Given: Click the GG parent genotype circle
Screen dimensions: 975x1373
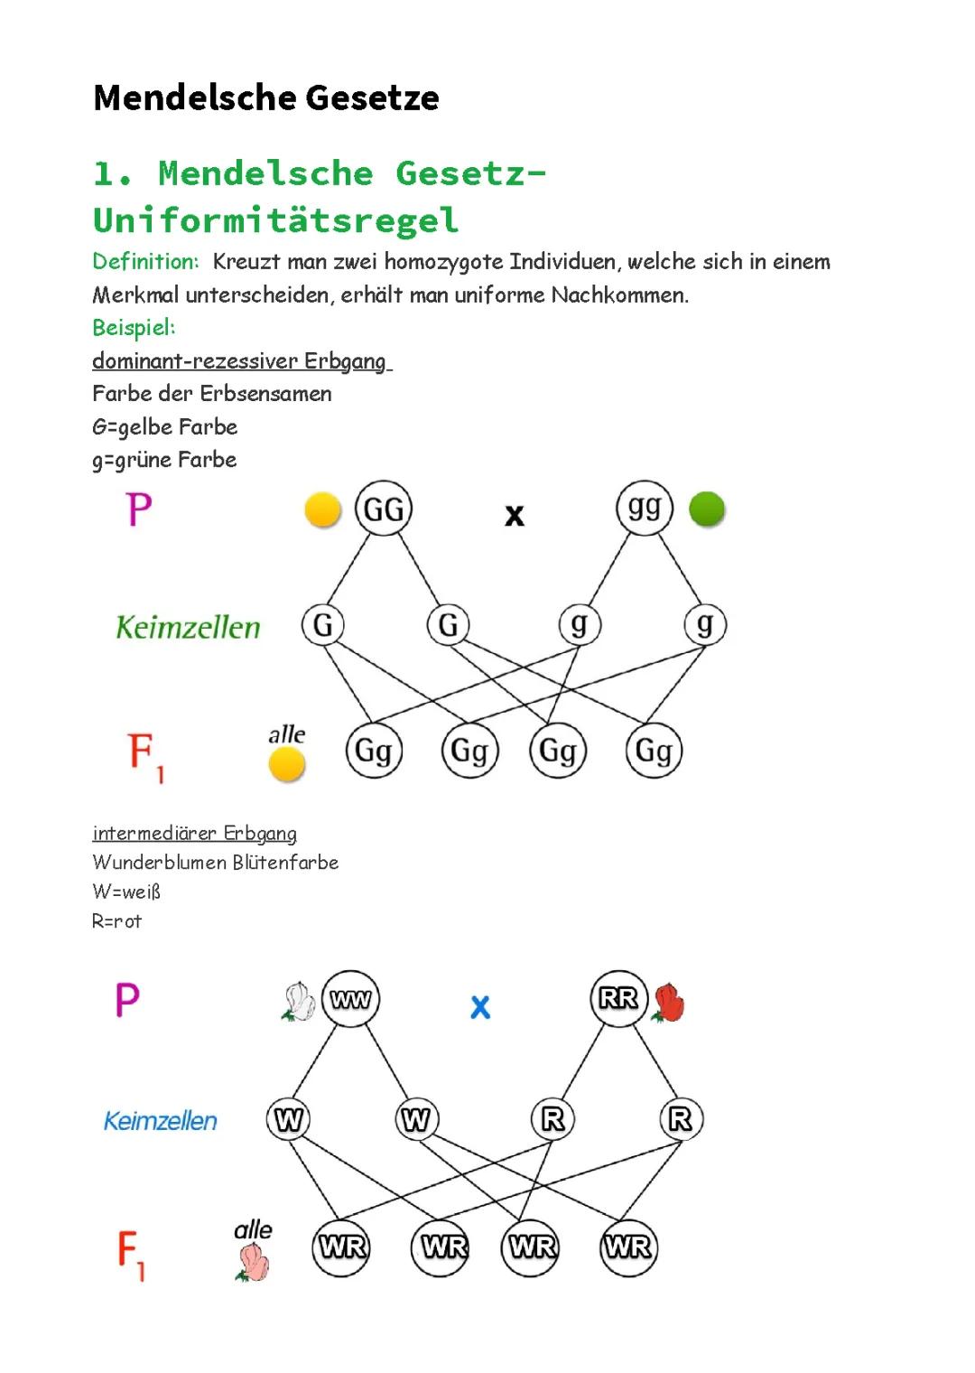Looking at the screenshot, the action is pos(384,509).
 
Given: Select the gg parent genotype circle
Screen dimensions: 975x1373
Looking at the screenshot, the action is pos(645,509).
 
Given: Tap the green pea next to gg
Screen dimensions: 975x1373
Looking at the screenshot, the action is pos(707,509).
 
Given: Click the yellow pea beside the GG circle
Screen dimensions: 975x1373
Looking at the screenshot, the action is pos(323,509).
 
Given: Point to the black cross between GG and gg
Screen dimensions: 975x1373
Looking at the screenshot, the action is pos(515,516).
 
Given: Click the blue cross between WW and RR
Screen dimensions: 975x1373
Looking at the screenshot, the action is pos(480,1006).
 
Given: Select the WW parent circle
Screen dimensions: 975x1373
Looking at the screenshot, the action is pos(350,999).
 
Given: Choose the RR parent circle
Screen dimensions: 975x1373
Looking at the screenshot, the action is pos(618,998).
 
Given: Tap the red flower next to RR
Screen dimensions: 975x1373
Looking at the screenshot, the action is pos(668,1003).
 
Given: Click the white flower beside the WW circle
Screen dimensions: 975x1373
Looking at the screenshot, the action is pos(299,1002).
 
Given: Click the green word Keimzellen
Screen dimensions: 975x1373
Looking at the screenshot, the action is pos(188,627).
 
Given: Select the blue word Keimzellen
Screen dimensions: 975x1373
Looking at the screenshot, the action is pos(161,1121).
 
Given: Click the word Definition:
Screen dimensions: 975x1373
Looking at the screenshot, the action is pos(145,262).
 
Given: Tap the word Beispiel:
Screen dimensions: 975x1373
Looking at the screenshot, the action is pos(135,328).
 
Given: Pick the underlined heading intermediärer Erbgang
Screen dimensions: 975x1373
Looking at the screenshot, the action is pos(195,833).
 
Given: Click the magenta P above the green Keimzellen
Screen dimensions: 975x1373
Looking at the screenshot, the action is pos(139,509).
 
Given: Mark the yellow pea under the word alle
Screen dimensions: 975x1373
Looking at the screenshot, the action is pos(286,764).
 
